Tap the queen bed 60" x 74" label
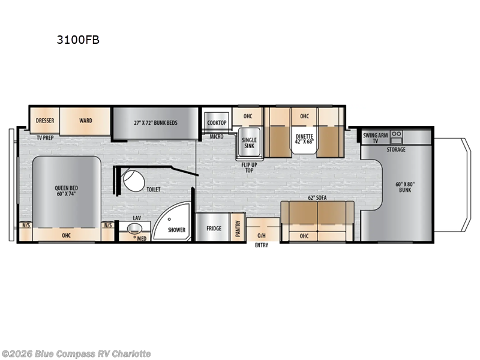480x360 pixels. (x=66, y=191)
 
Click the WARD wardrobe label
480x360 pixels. (x=85, y=121)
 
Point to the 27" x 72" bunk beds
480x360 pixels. (x=155, y=122)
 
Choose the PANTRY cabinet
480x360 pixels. (x=238, y=227)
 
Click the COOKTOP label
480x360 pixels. (x=217, y=123)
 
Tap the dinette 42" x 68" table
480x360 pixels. (x=304, y=139)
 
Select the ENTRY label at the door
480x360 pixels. (x=261, y=245)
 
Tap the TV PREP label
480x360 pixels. (x=44, y=137)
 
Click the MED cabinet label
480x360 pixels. (x=141, y=238)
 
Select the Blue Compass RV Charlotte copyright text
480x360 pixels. (x=77, y=354)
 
